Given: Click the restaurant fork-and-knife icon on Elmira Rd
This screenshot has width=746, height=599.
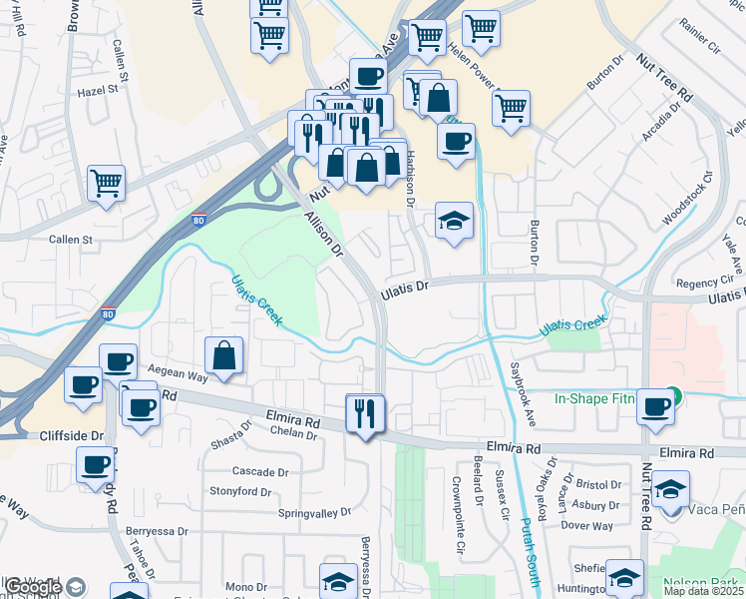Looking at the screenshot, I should pos(364,413).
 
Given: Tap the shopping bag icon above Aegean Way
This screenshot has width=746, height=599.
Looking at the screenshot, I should pos(224,355).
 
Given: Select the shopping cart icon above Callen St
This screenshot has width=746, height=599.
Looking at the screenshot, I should pos(106,184).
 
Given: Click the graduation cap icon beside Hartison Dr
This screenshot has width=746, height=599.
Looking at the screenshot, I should pos(454,222).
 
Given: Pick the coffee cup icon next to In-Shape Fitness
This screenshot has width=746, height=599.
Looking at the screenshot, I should pos(655,407).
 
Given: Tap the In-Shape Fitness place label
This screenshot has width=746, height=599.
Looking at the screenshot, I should pos(594,398).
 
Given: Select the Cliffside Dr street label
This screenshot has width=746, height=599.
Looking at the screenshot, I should pos(71,436).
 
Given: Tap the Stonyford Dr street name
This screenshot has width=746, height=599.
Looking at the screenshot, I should pos(239,491).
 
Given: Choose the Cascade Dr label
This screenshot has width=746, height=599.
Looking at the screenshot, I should pos(259,471).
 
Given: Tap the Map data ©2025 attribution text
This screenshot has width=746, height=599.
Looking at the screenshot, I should pos(703,591).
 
